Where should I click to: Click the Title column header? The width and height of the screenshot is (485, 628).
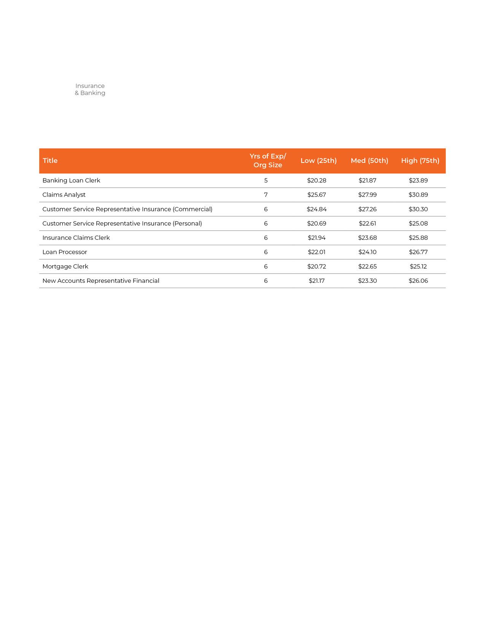(50, 161)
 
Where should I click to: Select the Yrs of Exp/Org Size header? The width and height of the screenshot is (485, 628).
(268, 161)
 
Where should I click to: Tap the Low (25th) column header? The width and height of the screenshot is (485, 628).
(318, 161)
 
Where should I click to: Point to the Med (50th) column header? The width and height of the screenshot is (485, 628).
(369, 161)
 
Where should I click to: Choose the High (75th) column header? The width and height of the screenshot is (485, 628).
(420, 161)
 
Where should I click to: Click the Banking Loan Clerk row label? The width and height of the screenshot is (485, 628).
(71, 180)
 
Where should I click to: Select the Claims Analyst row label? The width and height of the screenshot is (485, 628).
(64, 195)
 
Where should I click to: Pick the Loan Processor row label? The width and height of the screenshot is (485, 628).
(65, 252)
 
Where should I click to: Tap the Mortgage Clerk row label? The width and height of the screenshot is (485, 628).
(65, 266)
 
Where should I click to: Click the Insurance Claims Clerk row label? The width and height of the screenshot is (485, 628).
(76, 238)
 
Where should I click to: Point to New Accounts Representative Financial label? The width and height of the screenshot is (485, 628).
(101, 281)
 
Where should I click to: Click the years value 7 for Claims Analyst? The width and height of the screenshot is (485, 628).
(266, 195)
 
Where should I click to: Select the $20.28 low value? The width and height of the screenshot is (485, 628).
(316, 180)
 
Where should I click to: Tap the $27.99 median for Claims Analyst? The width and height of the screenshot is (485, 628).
(367, 195)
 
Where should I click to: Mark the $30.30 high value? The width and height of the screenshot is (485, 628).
(418, 209)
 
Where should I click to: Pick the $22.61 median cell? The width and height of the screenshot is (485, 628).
(367, 223)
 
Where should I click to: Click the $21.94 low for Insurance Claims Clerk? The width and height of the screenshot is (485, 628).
(316, 238)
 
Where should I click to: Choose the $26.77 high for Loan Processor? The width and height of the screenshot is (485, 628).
(418, 252)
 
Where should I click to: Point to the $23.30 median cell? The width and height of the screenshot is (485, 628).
(367, 281)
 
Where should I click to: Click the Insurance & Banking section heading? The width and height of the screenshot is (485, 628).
(90, 89)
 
